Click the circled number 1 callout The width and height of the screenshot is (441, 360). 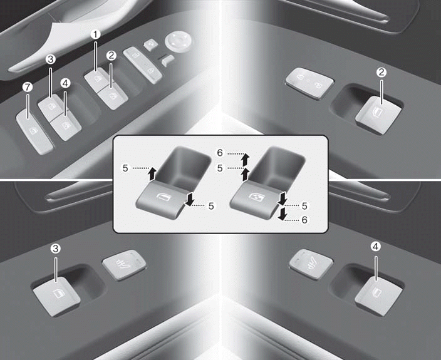coord(95,34)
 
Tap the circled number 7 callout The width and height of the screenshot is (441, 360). coord(28,88)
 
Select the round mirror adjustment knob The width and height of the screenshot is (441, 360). coord(178,40)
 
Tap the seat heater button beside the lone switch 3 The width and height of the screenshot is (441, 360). coord(124,265)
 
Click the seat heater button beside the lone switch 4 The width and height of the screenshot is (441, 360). coord(311,264)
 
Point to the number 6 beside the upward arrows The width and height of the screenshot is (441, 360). coord(220,153)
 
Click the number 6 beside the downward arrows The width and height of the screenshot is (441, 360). coord(304,220)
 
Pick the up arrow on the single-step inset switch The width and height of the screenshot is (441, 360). coord(152,173)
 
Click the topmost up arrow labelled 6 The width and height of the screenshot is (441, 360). coord(246,160)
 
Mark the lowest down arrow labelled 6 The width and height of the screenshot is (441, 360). coord(283,213)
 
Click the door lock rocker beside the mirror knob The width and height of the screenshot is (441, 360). coord(143,65)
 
